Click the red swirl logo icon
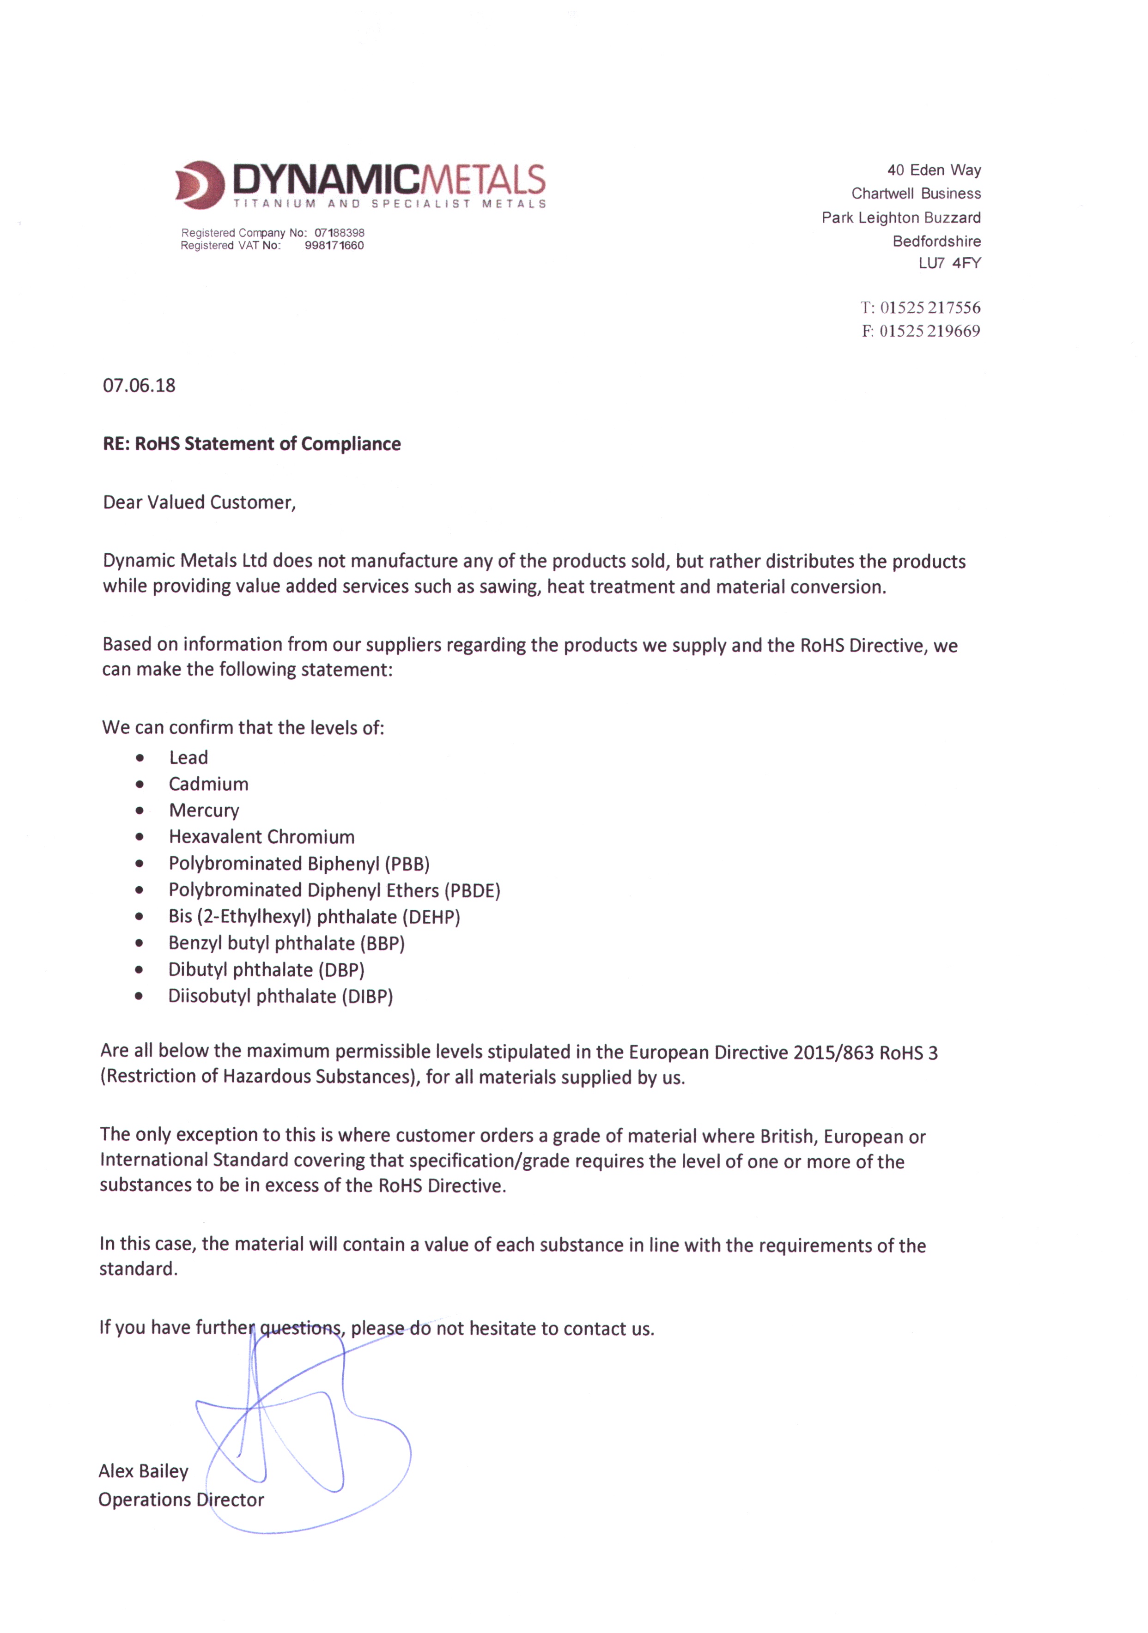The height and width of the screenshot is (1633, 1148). coord(200,184)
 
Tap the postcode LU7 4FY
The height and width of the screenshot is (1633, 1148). coord(949,263)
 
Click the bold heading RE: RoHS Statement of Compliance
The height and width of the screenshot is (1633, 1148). coord(252,444)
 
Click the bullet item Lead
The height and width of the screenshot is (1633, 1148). coord(188,757)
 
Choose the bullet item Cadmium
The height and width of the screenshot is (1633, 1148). coord(208,784)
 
